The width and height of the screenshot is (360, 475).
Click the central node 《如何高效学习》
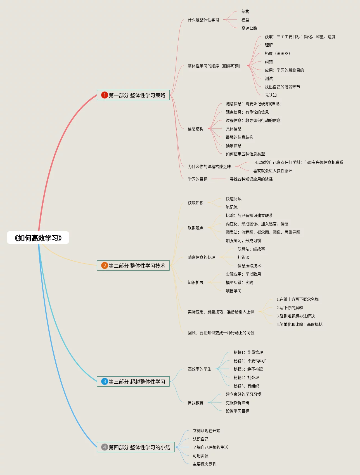pos(38,238)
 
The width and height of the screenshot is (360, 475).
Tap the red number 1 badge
pos(105,95)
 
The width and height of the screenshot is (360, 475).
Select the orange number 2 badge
pos(105,265)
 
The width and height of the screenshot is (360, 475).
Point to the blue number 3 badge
pos(105,381)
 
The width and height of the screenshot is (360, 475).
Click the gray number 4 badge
pos(105,447)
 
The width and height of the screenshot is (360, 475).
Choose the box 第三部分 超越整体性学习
pos(133,381)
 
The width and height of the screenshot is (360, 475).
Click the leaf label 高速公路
pos(249,28)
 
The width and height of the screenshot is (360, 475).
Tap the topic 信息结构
pos(195,129)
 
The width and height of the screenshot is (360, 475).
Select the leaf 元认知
pos(271,95)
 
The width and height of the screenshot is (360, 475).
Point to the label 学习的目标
pos(197,179)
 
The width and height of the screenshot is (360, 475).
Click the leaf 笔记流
pos(231,207)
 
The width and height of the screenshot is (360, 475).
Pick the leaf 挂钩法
pos(243,257)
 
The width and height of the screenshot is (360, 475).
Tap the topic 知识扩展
pos(195,282)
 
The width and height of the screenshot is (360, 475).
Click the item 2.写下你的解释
pos(290,308)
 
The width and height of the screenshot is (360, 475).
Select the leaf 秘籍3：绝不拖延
pos(248,369)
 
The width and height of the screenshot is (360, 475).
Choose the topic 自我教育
pos(195,403)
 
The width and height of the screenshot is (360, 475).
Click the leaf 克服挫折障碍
pos(237,403)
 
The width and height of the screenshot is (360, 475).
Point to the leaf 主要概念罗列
pos(204,464)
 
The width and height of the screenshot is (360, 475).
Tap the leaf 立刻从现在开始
pos(206,431)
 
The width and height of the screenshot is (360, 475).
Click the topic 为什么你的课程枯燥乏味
pos(209,167)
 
